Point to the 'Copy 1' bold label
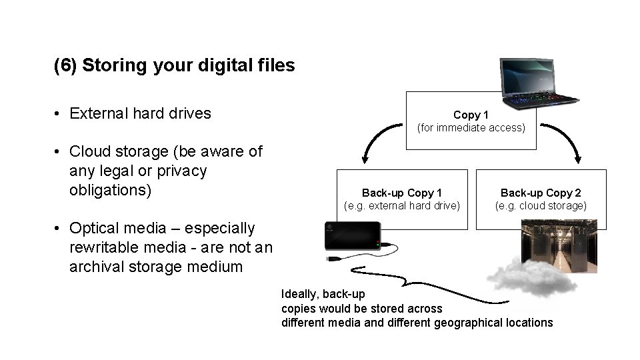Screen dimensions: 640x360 [x=471, y=115]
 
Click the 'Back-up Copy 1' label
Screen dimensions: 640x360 [x=401, y=193]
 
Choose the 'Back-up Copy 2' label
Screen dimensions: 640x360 [x=541, y=193]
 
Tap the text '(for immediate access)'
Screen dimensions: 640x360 [x=471, y=127]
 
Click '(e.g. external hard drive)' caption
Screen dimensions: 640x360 [x=401, y=205]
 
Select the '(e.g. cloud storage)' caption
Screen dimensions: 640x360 [x=541, y=205]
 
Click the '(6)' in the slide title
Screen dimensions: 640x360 [x=65, y=65]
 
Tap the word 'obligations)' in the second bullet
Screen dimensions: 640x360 [x=111, y=190]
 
